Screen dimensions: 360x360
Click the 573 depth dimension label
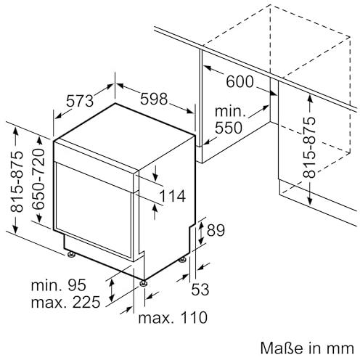coord(80,101)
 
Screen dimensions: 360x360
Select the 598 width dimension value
coord(154,99)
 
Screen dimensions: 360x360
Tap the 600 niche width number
coord(240,81)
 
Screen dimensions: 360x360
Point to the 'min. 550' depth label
coord(229,120)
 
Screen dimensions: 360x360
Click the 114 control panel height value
coord(173,196)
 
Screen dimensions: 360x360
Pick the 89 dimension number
coord(216,230)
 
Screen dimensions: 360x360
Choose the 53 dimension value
coord(200,289)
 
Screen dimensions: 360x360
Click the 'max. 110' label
coord(173,317)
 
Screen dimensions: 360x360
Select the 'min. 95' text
coord(58,285)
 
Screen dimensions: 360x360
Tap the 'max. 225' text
coord(65,302)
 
